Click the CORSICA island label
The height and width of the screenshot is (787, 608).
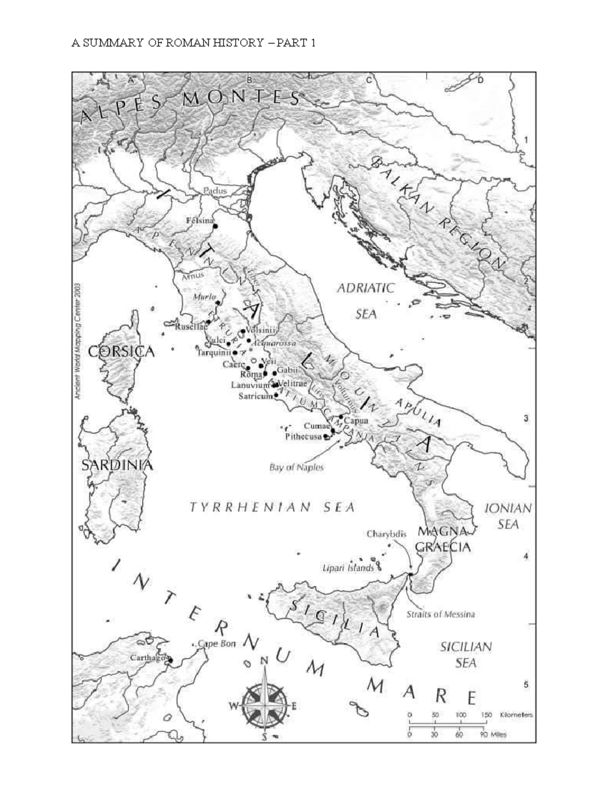[x=121, y=352]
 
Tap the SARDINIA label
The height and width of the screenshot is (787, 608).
[x=117, y=465]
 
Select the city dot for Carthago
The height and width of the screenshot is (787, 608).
[x=170, y=660]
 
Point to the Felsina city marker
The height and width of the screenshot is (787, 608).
[x=215, y=226]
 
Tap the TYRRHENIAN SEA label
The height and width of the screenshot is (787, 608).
[x=272, y=507]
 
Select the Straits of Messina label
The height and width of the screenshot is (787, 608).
[x=440, y=614]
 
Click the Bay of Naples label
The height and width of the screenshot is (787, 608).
[x=296, y=467]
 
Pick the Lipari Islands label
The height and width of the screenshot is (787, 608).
[x=348, y=568]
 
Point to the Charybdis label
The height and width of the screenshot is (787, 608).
[x=386, y=534]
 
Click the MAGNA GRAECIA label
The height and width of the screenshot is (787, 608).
[x=443, y=539]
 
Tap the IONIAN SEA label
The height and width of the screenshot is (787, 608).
[x=508, y=516]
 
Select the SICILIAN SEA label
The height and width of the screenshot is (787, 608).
[x=465, y=654]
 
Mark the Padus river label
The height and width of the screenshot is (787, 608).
[x=215, y=191]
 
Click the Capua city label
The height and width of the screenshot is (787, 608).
[x=356, y=421]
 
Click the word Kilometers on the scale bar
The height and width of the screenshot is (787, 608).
[x=516, y=715]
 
